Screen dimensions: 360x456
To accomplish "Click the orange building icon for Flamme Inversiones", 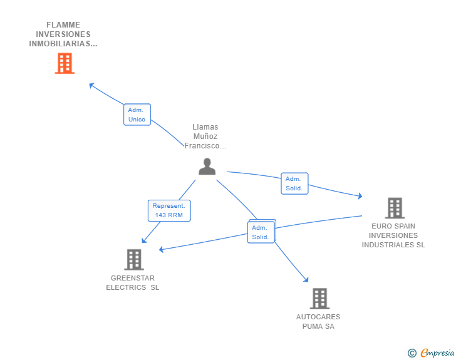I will (x=65, y=63).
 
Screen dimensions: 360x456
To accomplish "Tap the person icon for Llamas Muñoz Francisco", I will (x=207, y=167).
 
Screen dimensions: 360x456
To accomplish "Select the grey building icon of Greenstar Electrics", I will (x=133, y=259).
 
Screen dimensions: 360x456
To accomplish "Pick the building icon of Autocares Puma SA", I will (x=319, y=299).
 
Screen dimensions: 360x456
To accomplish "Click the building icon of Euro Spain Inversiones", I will (x=394, y=208).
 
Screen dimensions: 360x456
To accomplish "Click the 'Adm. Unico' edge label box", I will (x=137, y=115).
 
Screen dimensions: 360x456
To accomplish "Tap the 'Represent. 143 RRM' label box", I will (x=169, y=210).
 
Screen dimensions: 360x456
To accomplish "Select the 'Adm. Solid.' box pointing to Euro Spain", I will (x=294, y=183).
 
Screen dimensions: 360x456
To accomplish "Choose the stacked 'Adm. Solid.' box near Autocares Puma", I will (x=261, y=232).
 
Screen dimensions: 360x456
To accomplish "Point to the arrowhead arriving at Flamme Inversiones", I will (x=91, y=85).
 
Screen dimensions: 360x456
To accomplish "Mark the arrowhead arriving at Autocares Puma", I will (x=306, y=280).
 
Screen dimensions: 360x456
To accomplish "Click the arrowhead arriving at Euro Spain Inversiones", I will (x=360, y=197).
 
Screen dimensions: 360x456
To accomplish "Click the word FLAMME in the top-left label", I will (x=63, y=25).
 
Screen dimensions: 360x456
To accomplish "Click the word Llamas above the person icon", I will (x=205, y=127).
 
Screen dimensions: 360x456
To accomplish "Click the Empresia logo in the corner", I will (x=437, y=353).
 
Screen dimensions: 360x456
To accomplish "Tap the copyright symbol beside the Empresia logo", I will (x=412, y=353).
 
